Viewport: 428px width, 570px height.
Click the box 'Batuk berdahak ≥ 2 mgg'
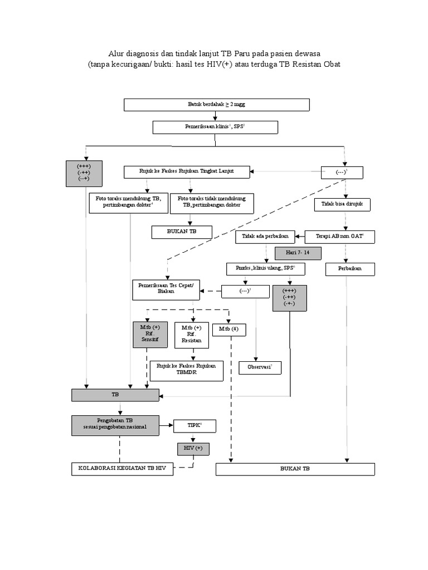216,105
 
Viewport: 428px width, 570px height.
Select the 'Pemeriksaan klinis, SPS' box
215,127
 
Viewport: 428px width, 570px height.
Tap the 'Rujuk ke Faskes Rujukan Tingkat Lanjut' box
187,172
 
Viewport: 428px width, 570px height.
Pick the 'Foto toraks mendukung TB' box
128,202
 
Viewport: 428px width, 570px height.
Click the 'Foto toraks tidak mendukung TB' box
212,203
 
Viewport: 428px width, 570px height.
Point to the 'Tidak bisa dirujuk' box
342,204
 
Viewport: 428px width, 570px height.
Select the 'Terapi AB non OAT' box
339,237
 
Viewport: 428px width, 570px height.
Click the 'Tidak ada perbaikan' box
265,237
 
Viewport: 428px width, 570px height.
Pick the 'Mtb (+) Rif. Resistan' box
192,335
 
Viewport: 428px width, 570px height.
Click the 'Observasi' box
260,368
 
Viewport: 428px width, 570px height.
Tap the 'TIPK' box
194,426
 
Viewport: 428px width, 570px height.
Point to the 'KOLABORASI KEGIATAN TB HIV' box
122,469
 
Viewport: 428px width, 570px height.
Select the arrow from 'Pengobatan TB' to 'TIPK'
167,426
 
